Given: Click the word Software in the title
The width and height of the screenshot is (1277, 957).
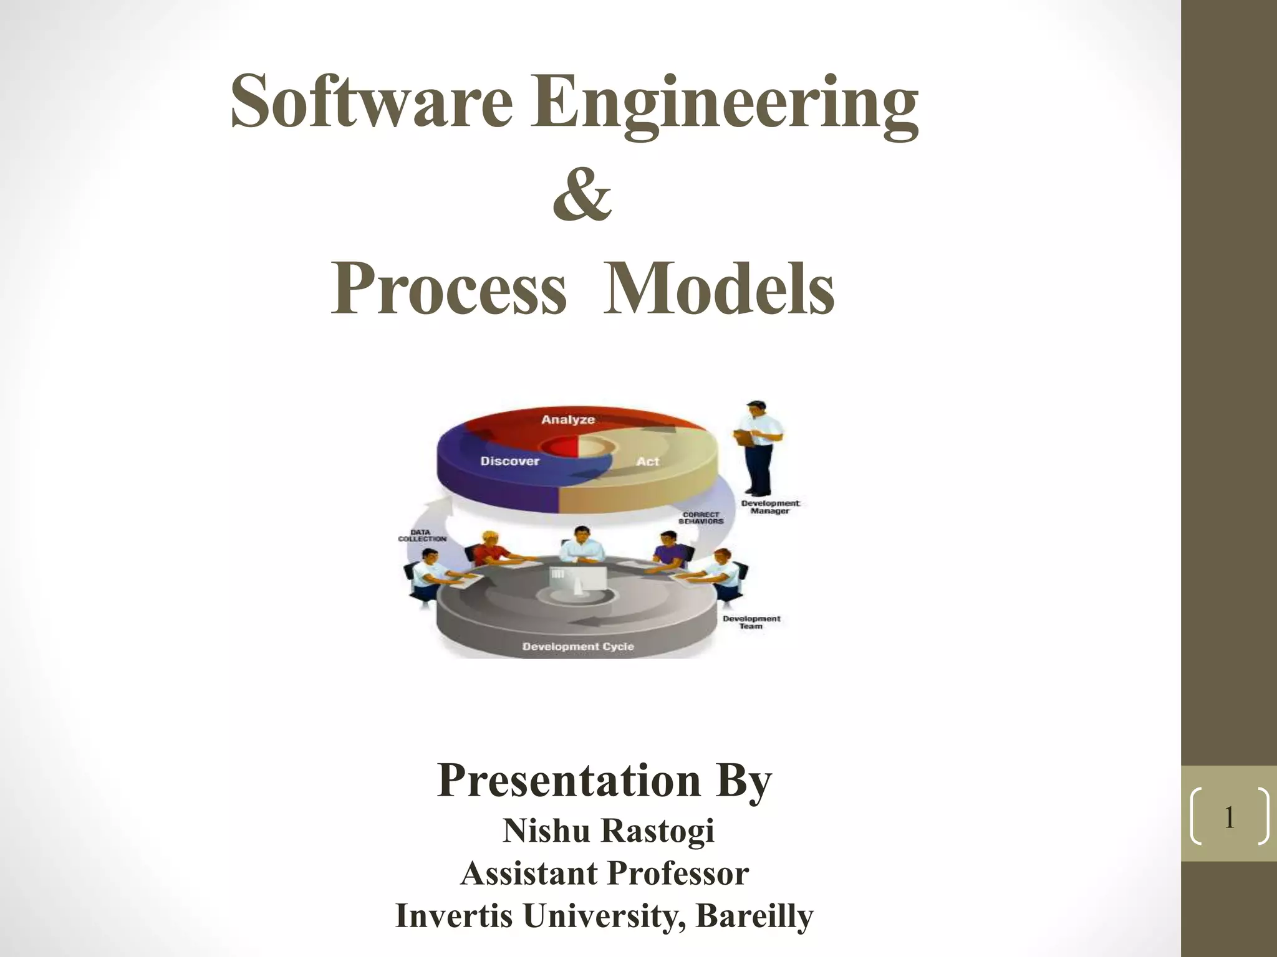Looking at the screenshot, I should [372, 101].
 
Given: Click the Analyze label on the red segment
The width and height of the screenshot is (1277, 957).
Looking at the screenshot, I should [567, 420].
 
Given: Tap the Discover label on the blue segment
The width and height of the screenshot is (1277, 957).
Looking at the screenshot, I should [509, 461].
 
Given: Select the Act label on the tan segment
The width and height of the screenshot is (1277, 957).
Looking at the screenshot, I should [647, 462].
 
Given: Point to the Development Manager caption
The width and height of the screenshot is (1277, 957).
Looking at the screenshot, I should [770, 507].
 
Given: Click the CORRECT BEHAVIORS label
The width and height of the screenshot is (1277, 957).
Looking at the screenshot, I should [701, 518].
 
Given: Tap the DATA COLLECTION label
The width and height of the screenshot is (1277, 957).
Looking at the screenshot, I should [422, 535].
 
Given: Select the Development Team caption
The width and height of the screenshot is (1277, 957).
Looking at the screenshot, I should [751, 622].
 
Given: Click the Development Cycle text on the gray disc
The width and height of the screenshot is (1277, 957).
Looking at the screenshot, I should [578, 647].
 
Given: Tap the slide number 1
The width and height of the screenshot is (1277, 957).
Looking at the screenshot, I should [1229, 817].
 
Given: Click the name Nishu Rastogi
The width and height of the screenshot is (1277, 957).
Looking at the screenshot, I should [608, 831].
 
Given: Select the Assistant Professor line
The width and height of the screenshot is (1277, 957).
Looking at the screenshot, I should [604, 873].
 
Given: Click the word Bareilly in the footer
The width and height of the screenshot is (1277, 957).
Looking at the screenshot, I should [754, 915].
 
